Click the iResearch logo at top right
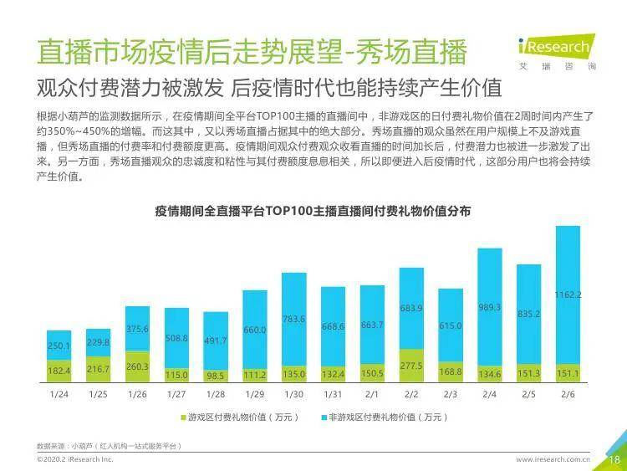coord(553,47)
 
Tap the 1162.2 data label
coord(568,295)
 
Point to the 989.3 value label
coord(489,308)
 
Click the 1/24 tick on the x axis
coord(59,393)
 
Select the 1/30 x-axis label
coord(293,393)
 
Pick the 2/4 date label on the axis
coord(489,393)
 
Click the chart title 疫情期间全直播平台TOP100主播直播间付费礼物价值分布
coord(313,212)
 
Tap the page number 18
coord(613,459)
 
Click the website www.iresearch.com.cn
coord(553,459)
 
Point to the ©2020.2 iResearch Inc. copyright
coord(75,459)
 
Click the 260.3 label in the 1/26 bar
coord(137,366)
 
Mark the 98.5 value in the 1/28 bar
coord(216,376)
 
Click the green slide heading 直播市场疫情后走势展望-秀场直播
coord(251,52)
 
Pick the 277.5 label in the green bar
coord(411,366)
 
